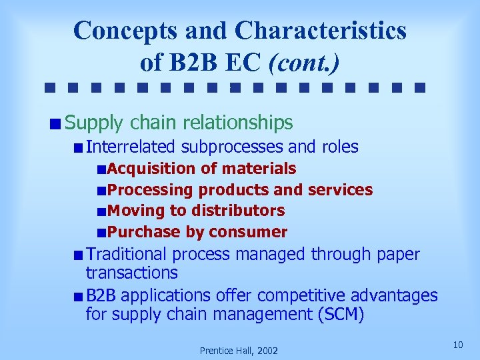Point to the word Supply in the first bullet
[x=95, y=123]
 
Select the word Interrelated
[x=131, y=147]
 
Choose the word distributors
[x=238, y=211]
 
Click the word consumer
[x=248, y=232]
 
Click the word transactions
[x=132, y=272]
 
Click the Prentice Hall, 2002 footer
[x=239, y=350]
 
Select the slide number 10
[x=457, y=344]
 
